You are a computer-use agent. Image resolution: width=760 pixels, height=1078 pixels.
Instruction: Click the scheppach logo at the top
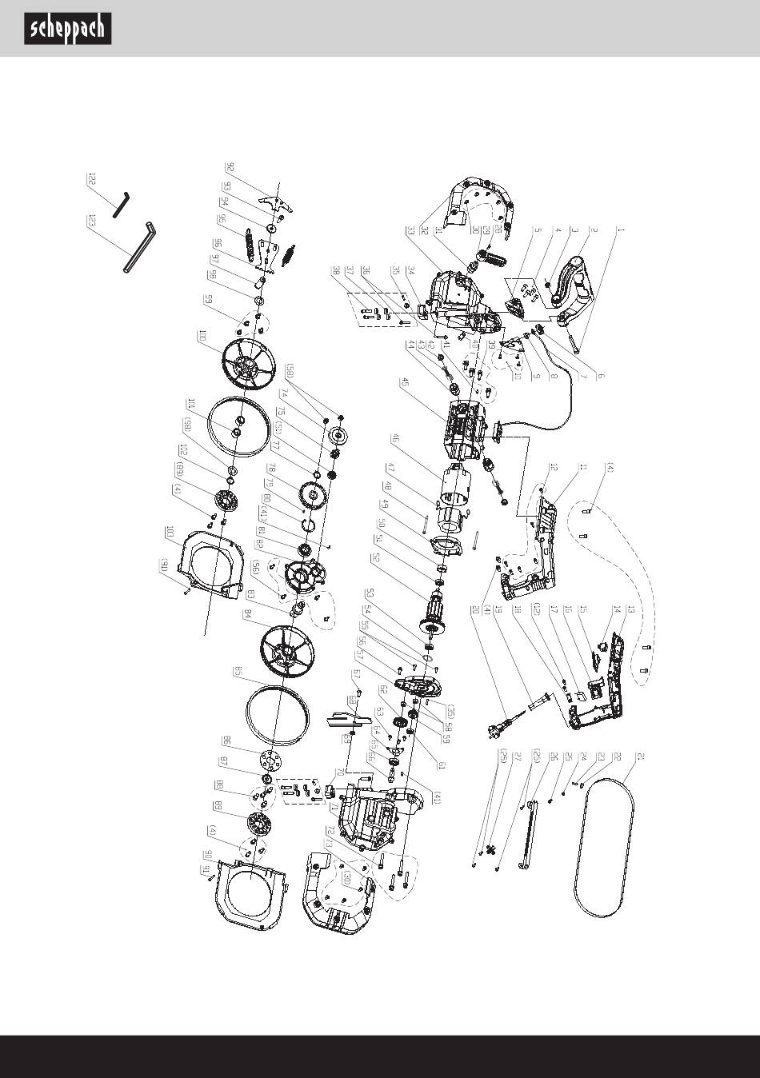coord(67,30)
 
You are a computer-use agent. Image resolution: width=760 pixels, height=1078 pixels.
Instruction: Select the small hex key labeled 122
coord(120,202)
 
